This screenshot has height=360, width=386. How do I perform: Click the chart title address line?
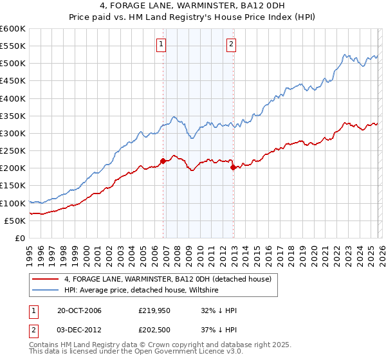click(x=193, y=6)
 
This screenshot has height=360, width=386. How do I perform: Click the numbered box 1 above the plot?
click(x=160, y=44)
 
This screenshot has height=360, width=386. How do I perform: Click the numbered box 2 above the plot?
click(x=231, y=44)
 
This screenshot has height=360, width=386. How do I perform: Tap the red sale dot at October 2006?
click(x=163, y=161)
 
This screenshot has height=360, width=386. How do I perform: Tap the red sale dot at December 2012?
click(x=233, y=167)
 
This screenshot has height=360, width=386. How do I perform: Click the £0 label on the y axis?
click(x=19, y=238)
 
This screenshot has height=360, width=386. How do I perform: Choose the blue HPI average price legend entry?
click(x=142, y=291)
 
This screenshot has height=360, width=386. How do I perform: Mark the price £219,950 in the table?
click(x=154, y=311)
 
